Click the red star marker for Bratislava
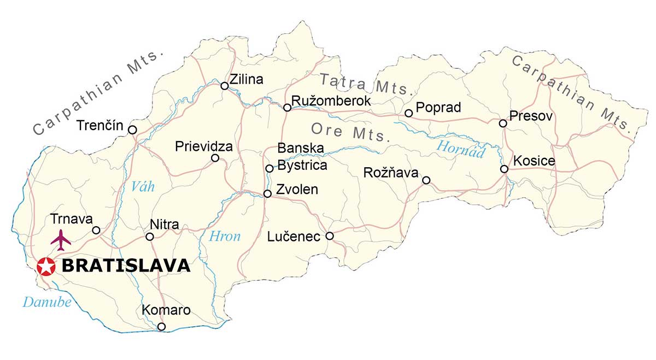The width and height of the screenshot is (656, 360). [46, 267]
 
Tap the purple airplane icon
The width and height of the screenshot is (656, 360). [61, 240]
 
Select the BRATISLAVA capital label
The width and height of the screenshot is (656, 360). [126, 266]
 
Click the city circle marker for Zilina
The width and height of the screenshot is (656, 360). [224, 86]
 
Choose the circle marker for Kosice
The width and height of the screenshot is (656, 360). [504, 169]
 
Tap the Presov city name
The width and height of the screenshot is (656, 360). [531, 116]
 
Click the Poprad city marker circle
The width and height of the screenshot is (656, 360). [408, 113]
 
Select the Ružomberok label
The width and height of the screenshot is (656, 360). [331, 101]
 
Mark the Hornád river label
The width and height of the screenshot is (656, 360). [460, 149]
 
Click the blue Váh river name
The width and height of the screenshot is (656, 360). [143, 187]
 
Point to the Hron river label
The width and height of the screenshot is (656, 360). [225, 237]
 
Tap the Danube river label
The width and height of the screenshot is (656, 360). [47, 302]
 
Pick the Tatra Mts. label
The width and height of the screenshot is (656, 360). [365, 84]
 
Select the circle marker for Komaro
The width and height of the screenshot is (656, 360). [161, 327]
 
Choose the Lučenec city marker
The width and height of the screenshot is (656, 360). [330, 236]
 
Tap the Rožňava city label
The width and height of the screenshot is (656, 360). [391, 173]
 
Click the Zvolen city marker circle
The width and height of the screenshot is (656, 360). [267, 193]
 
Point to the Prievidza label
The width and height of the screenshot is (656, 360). [204, 147]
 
